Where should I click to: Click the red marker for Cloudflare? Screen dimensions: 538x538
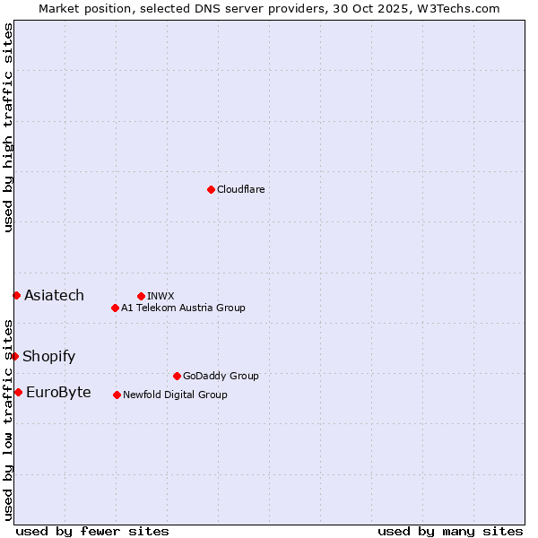coord(211,189)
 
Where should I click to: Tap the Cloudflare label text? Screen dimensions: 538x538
coord(241,189)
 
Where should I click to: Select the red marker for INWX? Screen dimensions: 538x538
coord(141,296)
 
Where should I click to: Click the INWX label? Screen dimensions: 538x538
coord(161,296)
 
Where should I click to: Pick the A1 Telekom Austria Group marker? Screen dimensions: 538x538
coord(115,308)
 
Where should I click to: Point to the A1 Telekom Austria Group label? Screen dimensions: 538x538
coord(183,308)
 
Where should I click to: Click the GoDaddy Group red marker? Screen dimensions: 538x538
coord(177,376)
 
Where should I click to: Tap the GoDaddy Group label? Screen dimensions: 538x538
coord(221,376)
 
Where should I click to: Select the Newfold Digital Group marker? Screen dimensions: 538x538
coord(117,395)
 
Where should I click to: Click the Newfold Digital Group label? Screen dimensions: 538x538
coord(175,395)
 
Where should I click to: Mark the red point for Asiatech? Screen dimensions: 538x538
coord(16,295)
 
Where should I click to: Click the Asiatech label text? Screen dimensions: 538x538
coord(54,295)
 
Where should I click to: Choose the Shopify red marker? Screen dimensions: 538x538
coord(14,356)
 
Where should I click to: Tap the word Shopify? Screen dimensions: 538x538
coord(48,356)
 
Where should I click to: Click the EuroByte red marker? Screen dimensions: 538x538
coord(18,392)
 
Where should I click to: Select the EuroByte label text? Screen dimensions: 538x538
coord(58,392)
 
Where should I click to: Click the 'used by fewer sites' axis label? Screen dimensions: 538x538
coord(92,531)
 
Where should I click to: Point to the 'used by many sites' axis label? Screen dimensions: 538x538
coord(450,531)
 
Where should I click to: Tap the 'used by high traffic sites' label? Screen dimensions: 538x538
coord(8,127)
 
